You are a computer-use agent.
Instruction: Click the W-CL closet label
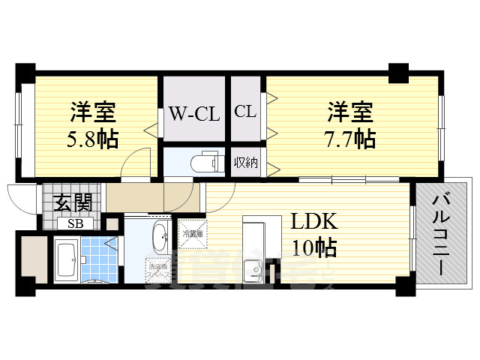coord(193,115)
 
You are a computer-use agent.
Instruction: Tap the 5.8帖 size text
coord(94,139)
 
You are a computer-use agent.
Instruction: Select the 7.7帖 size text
coord(350,139)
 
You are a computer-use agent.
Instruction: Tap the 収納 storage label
coord(245,162)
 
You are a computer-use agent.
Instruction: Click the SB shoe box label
coord(76,223)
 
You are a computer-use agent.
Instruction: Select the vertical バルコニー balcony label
coord(442,232)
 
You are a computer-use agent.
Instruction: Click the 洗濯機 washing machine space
coord(158,269)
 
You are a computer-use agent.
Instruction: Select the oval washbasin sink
coord(160,239)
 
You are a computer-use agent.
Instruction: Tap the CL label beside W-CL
coord(245,112)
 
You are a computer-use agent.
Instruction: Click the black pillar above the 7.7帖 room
coord(397,73)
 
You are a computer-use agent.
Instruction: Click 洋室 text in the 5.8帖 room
coord(93,113)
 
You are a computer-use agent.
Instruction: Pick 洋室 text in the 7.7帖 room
coord(349,113)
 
